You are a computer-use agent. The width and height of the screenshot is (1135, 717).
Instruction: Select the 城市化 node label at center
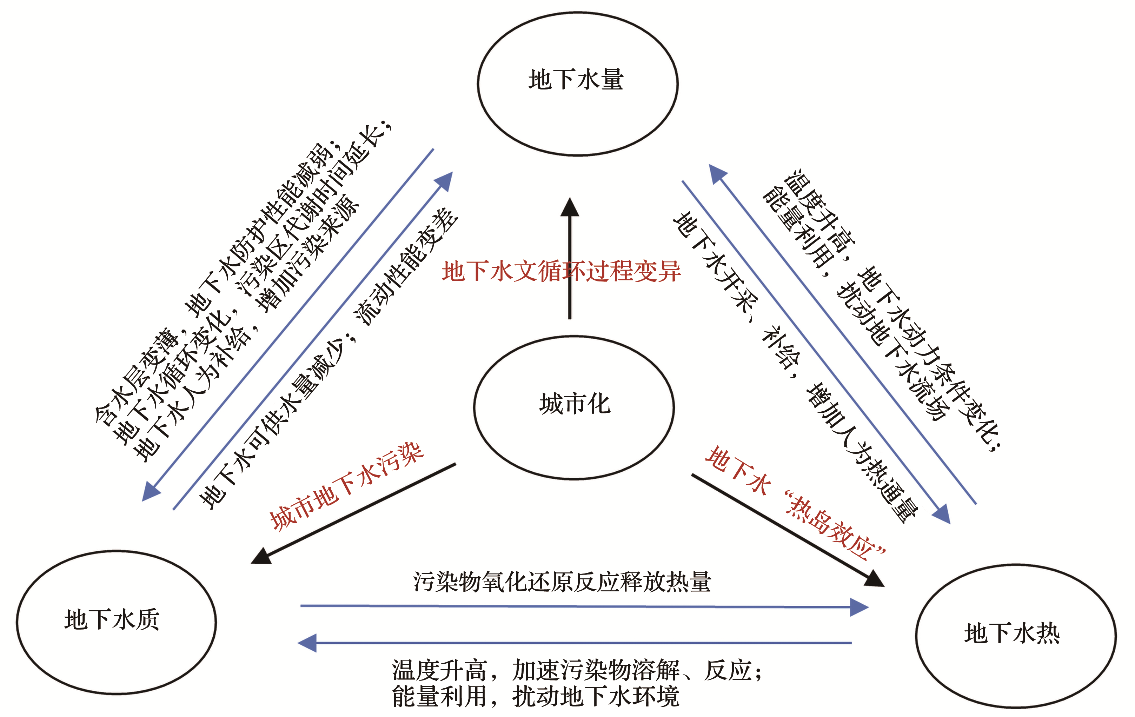(575, 404)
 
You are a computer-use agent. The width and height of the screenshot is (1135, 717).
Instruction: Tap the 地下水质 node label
(112, 619)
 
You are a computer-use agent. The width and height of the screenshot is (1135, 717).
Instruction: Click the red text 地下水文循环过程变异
(561, 272)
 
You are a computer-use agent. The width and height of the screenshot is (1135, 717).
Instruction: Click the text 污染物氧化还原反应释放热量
(562, 582)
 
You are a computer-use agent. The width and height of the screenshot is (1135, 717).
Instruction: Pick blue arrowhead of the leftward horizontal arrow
(307, 643)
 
